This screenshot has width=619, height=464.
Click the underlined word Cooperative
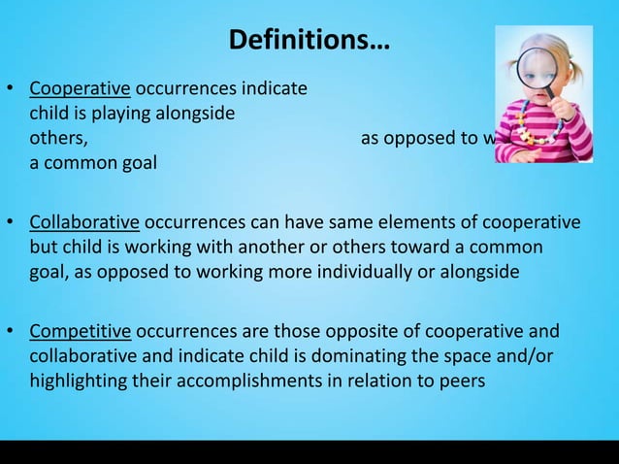(x=80, y=89)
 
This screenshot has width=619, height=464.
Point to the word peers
(x=461, y=381)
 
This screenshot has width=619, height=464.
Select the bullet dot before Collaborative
(x=11, y=223)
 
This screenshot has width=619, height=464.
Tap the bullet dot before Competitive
(x=11, y=333)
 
